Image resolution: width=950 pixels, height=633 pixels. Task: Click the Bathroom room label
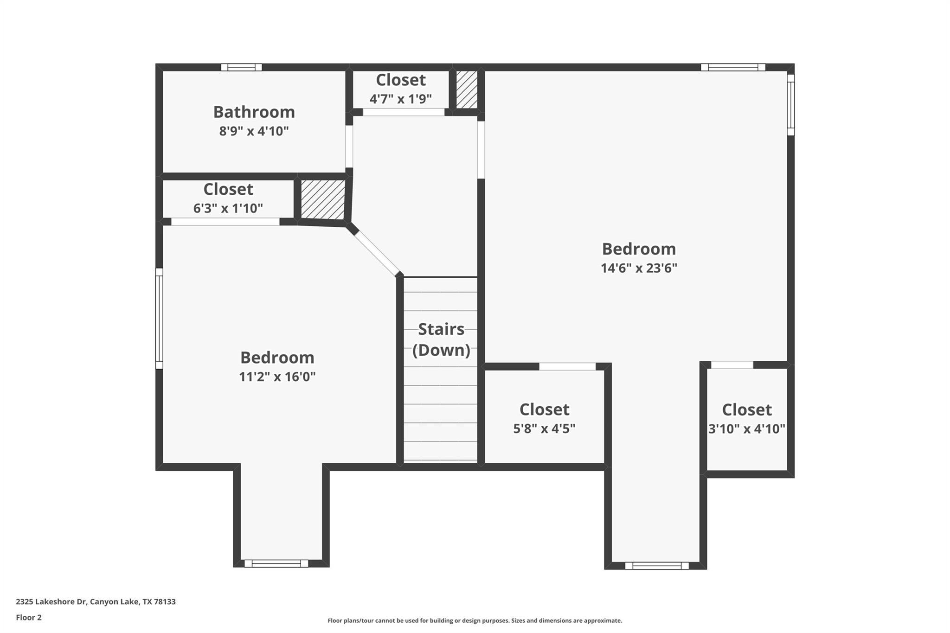[254, 112]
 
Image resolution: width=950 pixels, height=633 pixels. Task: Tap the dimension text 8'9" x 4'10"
[254, 131]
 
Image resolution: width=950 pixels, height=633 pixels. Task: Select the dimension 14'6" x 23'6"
[639, 268]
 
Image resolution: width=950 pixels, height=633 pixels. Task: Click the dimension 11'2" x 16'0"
[277, 377]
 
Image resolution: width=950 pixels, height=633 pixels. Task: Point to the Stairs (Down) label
[441, 339]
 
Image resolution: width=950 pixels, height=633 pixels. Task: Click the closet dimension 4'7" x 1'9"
[400, 99]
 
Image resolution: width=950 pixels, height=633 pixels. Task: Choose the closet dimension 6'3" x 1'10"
[228, 208]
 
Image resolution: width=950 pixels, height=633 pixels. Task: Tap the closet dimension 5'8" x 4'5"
[544, 428]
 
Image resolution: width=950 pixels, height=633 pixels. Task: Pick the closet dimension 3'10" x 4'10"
[746, 429]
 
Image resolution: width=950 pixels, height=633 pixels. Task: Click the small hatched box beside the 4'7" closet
[466, 90]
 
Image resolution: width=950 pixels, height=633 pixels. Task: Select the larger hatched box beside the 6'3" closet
[323, 199]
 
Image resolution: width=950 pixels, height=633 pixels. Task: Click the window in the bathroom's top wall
[241, 67]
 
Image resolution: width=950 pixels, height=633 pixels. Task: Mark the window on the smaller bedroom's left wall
[159, 318]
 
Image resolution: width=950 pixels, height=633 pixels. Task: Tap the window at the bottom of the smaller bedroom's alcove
[276, 563]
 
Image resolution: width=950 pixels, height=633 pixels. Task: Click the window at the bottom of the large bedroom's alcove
[656, 566]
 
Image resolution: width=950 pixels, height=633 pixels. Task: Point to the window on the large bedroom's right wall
[791, 105]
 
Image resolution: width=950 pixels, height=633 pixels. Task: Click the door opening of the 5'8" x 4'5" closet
[567, 366]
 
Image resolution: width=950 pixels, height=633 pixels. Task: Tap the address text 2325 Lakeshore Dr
[96, 601]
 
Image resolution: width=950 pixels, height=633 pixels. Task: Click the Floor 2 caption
[29, 617]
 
